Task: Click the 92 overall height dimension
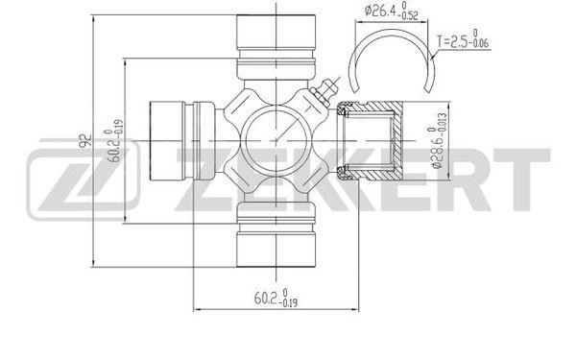tap(85, 141)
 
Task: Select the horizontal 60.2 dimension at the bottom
tap(276, 298)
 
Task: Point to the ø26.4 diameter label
tap(392, 11)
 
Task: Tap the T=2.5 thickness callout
tap(463, 39)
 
